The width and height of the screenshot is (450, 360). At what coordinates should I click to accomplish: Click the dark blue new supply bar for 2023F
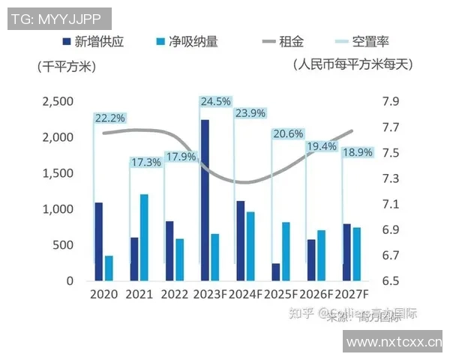point(205,199)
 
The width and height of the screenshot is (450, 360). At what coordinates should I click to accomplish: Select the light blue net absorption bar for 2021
point(144,237)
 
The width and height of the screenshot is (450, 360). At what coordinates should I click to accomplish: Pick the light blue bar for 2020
point(109,268)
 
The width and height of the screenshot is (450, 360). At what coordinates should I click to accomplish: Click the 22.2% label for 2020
point(109,118)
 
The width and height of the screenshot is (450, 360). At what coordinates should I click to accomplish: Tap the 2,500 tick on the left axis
point(58,102)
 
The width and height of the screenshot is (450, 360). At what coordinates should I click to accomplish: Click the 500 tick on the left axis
point(63,245)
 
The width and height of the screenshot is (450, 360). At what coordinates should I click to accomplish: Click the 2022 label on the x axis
point(174,295)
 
